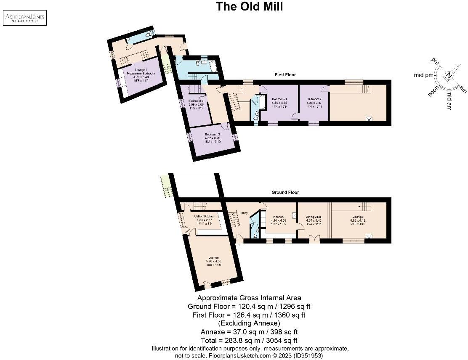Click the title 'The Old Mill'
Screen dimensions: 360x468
(x=249, y=7)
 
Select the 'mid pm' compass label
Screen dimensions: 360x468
(x=423, y=75)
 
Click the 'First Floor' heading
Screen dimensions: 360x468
(x=285, y=75)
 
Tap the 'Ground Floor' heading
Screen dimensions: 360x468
(x=285, y=193)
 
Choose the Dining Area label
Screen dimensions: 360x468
(x=314, y=217)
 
